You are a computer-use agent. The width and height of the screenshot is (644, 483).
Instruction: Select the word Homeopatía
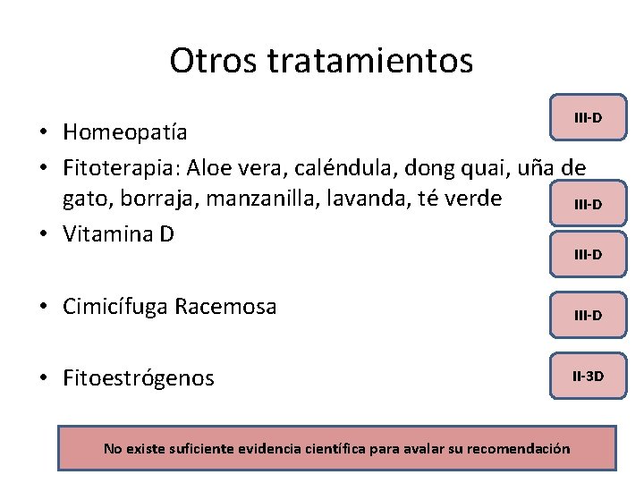(125, 132)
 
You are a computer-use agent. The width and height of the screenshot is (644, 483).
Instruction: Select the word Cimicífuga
(116, 307)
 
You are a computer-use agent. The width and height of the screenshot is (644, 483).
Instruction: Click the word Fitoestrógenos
(139, 378)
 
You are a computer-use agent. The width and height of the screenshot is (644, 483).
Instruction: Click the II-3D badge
(588, 376)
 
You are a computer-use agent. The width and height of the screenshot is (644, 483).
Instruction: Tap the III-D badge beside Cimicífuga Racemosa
(588, 315)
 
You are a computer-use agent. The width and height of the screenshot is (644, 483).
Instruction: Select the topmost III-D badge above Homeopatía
(588, 117)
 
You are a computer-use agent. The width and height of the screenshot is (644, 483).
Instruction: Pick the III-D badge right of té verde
(588, 205)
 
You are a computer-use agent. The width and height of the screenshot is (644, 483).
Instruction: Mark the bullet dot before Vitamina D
(43, 235)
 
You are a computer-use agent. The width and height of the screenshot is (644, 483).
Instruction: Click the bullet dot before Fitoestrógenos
(43, 379)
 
